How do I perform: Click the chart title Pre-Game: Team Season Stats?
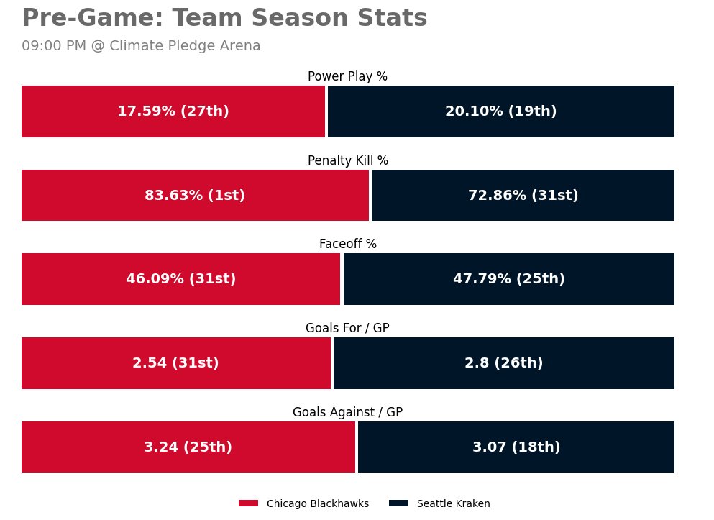tap(224, 18)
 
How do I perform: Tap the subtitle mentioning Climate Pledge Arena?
tap(141, 46)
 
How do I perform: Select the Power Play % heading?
tap(347, 76)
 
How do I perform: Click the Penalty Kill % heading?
tap(347, 160)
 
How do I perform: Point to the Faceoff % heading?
tap(347, 244)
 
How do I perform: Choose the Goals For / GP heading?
tap(347, 328)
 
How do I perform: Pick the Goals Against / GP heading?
tap(347, 412)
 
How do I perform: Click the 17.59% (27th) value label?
tap(173, 111)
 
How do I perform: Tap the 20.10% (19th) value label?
tap(501, 111)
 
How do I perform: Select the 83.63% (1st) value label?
tap(195, 196)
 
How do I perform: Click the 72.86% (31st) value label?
tap(523, 196)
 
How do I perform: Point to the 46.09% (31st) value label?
tap(181, 279)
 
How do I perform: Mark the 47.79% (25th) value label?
tap(509, 279)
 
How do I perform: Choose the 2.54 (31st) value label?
tap(175, 363)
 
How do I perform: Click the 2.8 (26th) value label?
tap(504, 363)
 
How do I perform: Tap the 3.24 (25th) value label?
tap(188, 447)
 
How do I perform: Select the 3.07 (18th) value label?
tap(516, 447)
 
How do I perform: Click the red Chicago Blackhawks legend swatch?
tap(248, 503)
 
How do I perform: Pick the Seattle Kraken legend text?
tap(454, 503)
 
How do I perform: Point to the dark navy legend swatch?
tap(398, 503)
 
